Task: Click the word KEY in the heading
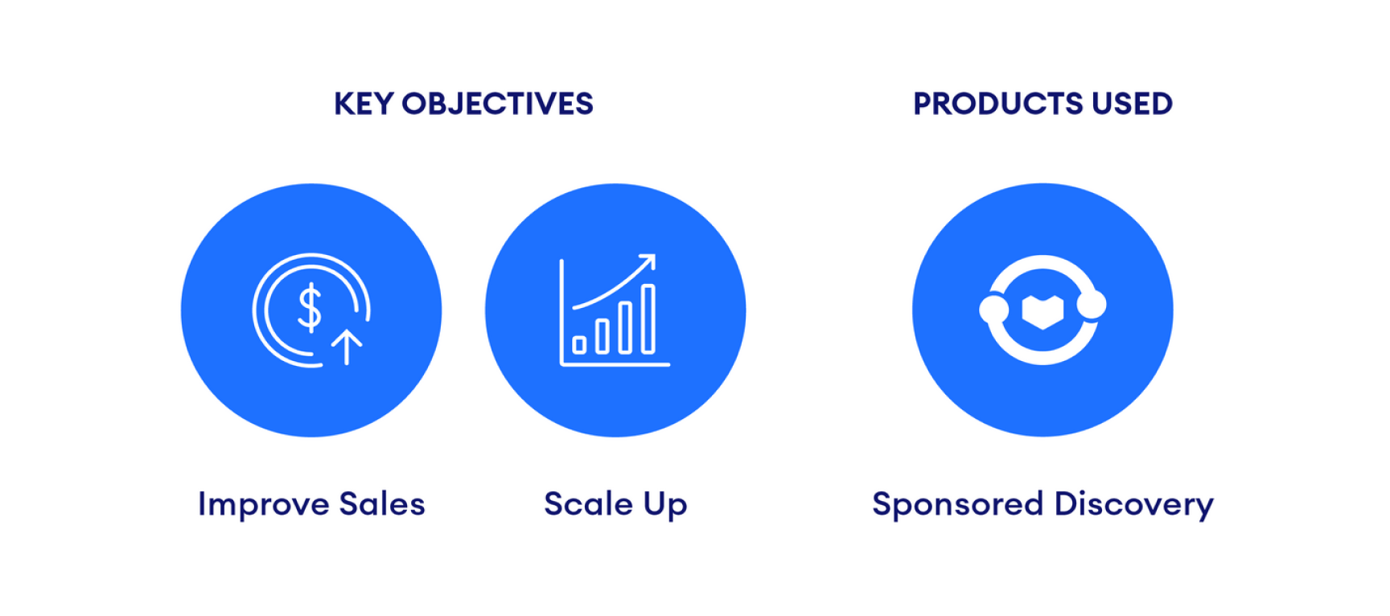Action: tap(364, 104)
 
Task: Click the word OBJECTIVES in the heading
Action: tap(497, 104)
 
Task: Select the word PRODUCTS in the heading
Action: tap(997, 104)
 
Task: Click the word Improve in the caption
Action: tap(264, 505)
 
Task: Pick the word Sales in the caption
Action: tap(382, 504)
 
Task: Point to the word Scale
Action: tap(589, 504)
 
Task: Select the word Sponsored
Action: tap(958, 505)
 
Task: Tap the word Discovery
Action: tap(1134, 505)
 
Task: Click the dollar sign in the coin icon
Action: tap(310, 307)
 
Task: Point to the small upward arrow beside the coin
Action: tap(347, 347)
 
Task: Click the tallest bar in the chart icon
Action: tap(648, 319)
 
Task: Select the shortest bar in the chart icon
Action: tap(579, 345)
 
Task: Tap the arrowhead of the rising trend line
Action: tap(648, 261)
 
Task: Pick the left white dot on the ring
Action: tap(993, 310)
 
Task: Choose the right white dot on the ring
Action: tap(1092, 305)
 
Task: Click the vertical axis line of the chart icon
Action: tap(562, 312)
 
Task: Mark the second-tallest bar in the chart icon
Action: tap(625, 328)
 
